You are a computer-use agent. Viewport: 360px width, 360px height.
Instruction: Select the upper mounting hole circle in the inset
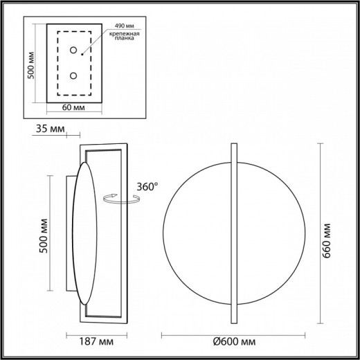tap(74, 51)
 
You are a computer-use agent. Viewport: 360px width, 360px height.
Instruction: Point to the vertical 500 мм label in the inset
tap(30, 66)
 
